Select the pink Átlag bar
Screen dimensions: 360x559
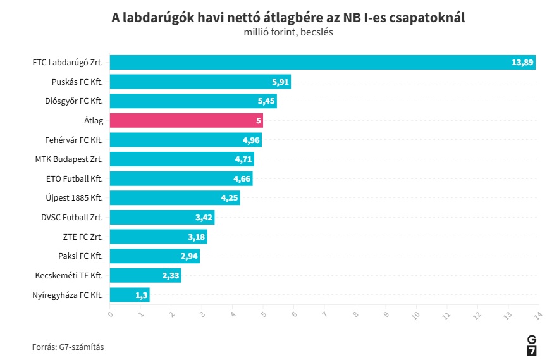click(186, 120)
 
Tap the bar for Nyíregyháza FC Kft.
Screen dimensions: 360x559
click(130, 295)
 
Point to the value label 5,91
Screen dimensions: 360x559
click(280, 82)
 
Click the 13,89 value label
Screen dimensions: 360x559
click(523, 62)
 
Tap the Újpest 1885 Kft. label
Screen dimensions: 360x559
click(75, 198)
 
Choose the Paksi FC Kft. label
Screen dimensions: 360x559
click(80, 256)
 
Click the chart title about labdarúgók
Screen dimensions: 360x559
click(288, 18)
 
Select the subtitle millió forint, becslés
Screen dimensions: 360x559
click(288, 32)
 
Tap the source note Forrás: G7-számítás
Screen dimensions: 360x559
click(68, 347)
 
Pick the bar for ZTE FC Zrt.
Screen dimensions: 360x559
click(158, 237)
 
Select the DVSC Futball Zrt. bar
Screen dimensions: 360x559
click(162, 218)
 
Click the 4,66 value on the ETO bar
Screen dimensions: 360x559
click(242, 179)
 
